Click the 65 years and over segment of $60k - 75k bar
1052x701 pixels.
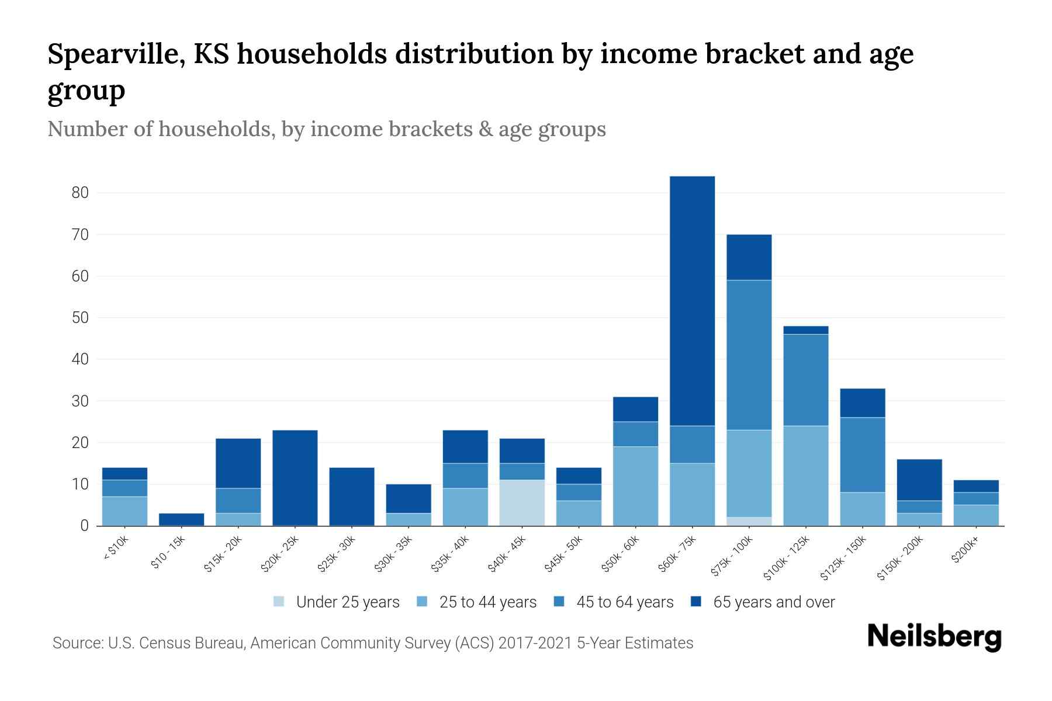pos(692,301)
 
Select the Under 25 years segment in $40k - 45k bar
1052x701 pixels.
pos(522,502)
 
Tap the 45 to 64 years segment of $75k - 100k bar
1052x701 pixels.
pos(749,355)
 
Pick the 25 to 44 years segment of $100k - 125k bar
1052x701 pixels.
pos(805,476)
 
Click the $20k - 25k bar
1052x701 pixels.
pos(295,478)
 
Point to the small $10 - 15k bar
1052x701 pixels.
pos(181,519)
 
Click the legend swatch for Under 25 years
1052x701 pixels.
pos(279,602)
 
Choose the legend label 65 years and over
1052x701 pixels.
pos(774,602)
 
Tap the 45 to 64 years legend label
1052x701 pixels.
pos(625,602)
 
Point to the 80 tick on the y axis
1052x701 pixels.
pos(80,193)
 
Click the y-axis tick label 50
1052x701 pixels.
pos(80,318)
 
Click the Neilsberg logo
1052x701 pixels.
pos(934,637)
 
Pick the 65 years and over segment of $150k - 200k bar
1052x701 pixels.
pos(919,480)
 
